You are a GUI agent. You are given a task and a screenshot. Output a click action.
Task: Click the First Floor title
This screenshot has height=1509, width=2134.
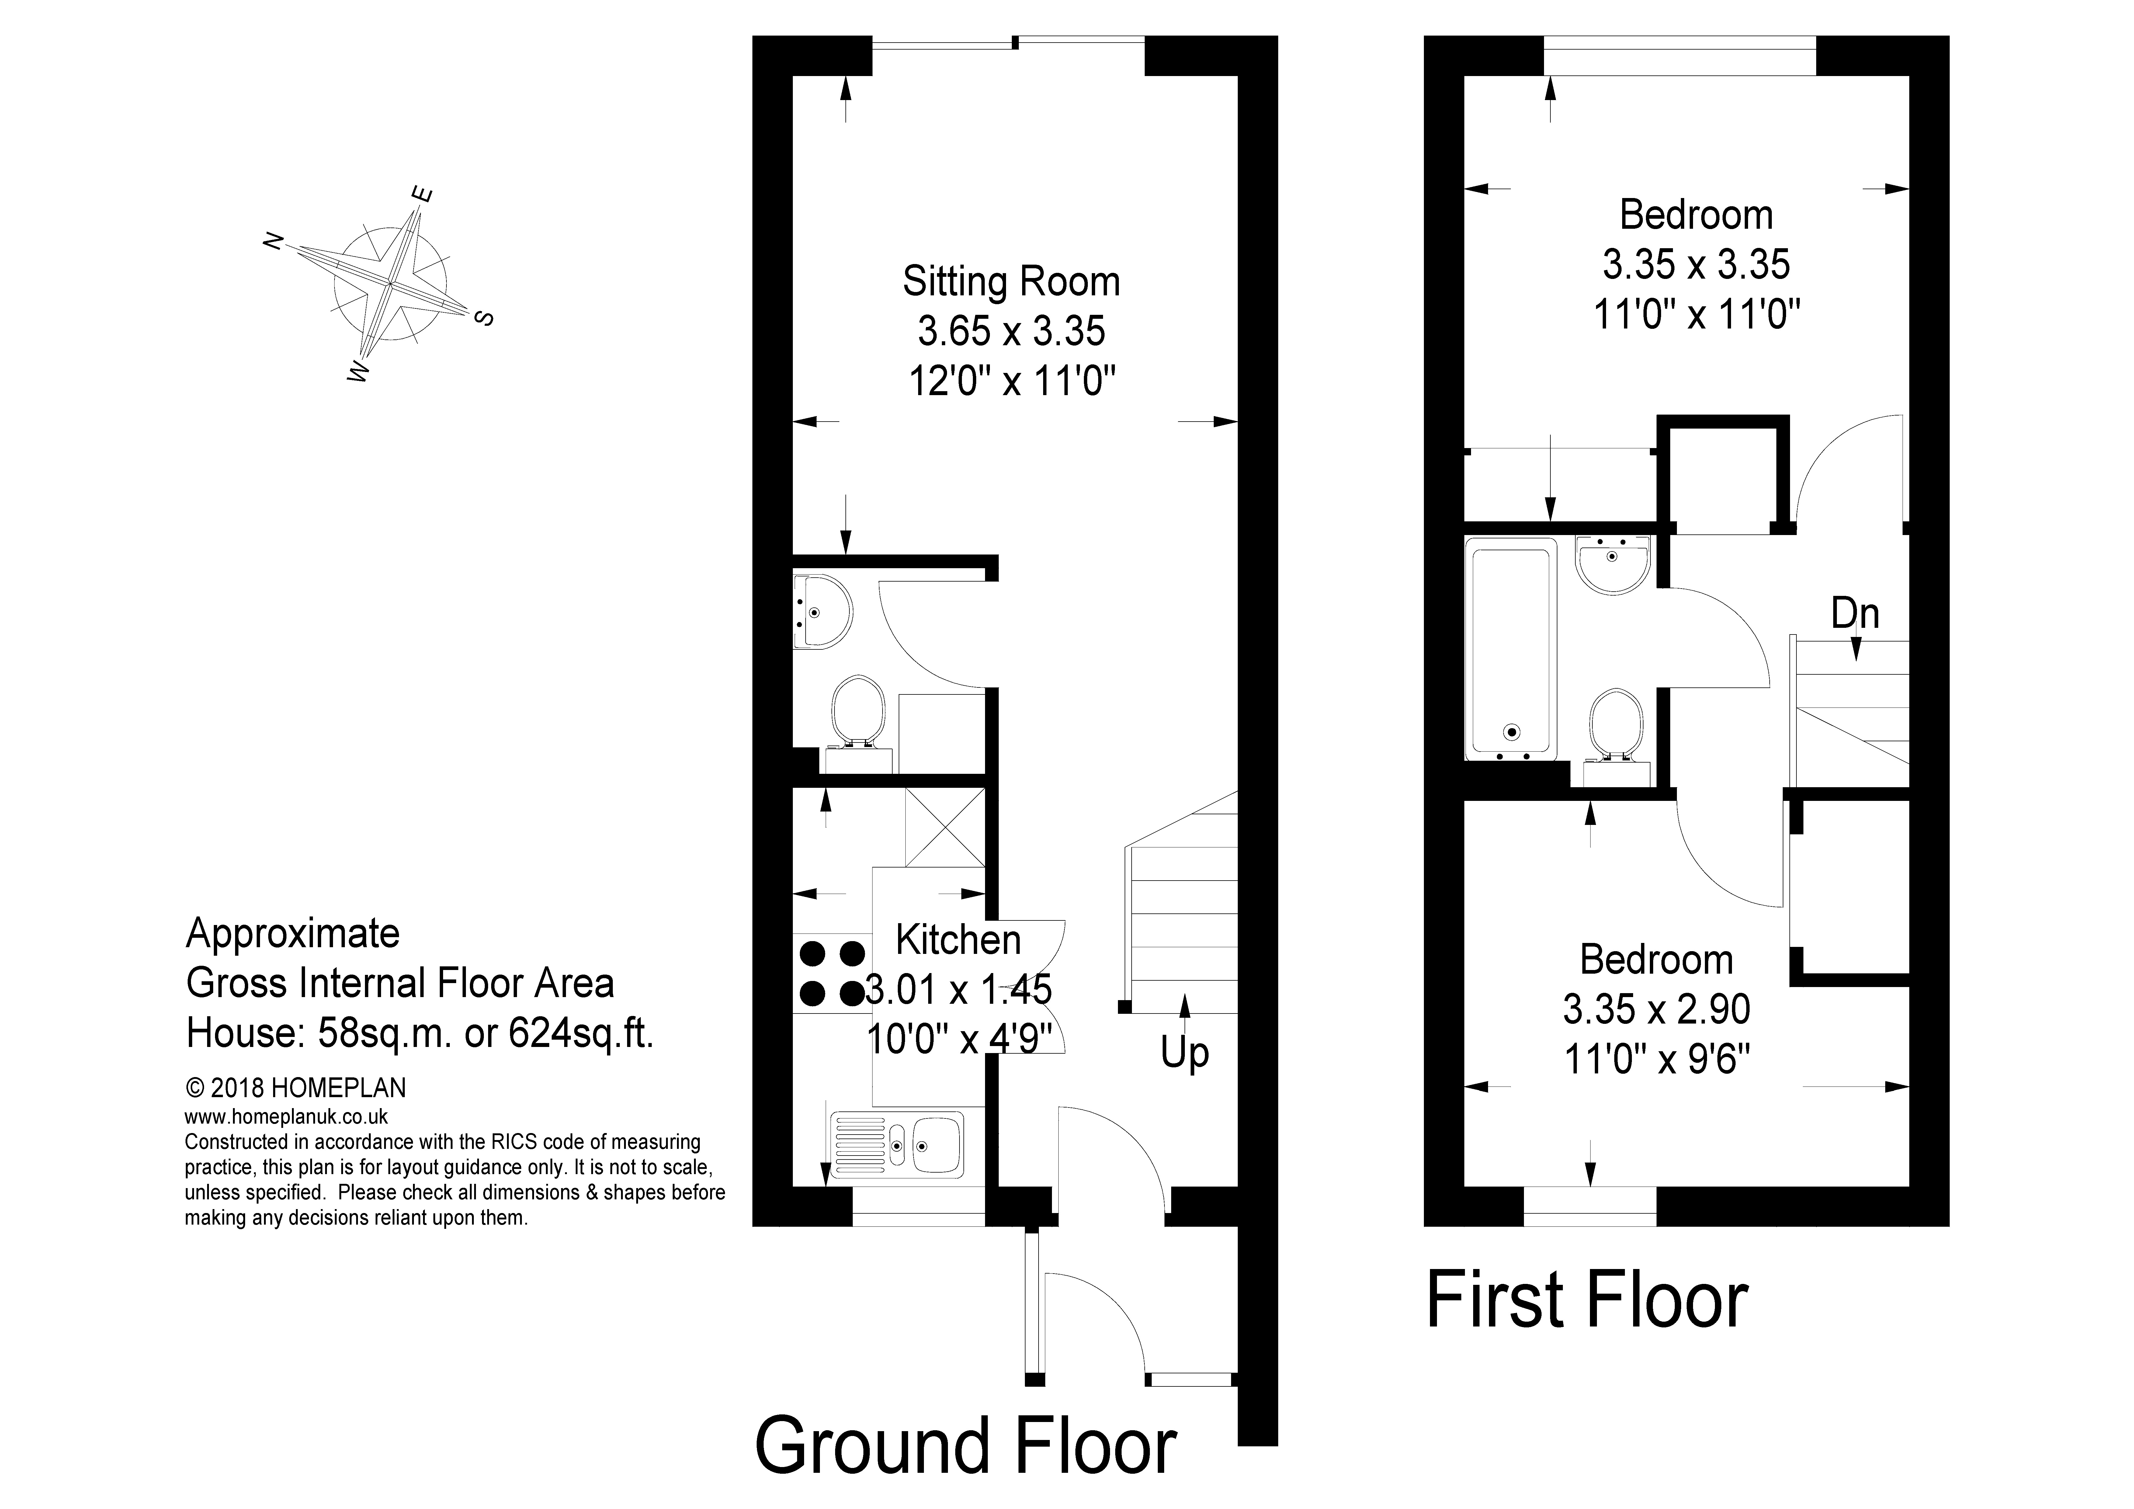point(1587,1300)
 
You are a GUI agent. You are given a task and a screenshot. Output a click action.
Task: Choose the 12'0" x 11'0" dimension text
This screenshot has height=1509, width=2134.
point(1011,380)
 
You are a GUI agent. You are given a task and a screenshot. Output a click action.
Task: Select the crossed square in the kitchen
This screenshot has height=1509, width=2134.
point(944,827)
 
